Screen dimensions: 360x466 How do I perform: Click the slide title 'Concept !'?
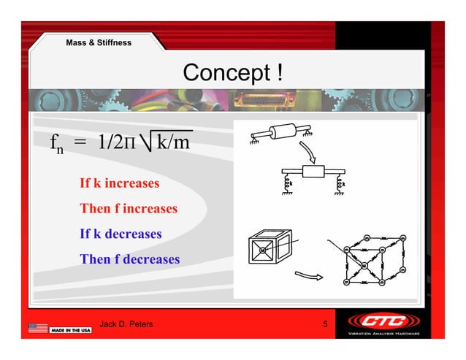click(232, 73)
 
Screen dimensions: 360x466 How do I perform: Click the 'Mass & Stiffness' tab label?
click(99, 43)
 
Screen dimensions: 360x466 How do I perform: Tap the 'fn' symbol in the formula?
click(54, 144)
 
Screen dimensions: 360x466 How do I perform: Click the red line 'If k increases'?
click(119, 183)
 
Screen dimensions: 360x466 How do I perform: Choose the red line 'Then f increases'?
click(129, 209)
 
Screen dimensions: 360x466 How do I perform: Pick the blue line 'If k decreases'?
click(121, 234)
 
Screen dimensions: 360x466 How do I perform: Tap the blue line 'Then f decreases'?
click(130, 259)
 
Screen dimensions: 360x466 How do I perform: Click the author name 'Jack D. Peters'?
click(126, 324)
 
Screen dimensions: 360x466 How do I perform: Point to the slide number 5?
click(324, 324)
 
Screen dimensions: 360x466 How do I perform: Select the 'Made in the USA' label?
click(71, 331)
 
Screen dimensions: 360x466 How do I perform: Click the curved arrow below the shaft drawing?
click(310, 151)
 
